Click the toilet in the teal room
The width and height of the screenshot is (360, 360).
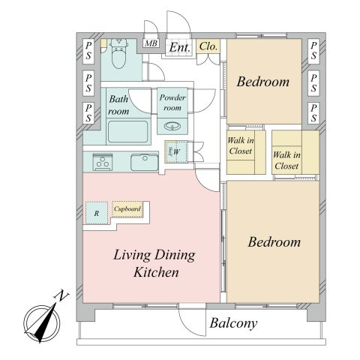(118, 53)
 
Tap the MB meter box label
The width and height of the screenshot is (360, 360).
(151, 43)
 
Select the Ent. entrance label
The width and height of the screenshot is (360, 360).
(179, 47)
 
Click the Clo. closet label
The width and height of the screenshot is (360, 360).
(208, 46)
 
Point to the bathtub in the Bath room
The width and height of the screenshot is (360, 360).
(127, 132)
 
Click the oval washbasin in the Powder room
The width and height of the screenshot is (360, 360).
(172, 126)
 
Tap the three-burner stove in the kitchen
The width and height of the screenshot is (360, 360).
(103, 162)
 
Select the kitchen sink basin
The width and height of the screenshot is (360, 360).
(145, 162)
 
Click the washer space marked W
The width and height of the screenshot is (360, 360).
(176, 152)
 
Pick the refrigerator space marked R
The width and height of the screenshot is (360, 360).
(97, 213)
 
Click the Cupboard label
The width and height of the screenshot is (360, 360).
(127, 208)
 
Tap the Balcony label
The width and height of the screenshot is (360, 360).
(233, 323)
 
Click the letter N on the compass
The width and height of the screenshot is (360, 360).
(61, 296)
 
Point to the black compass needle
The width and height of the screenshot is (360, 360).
(46, 324)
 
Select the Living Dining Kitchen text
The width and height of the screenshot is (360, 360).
(154, 263)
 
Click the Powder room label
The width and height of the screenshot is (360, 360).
(172, 103)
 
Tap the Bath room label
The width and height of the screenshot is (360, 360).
(118, 105)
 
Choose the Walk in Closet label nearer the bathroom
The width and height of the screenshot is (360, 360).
(241, 145)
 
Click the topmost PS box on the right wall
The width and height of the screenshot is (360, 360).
(313, 50)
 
